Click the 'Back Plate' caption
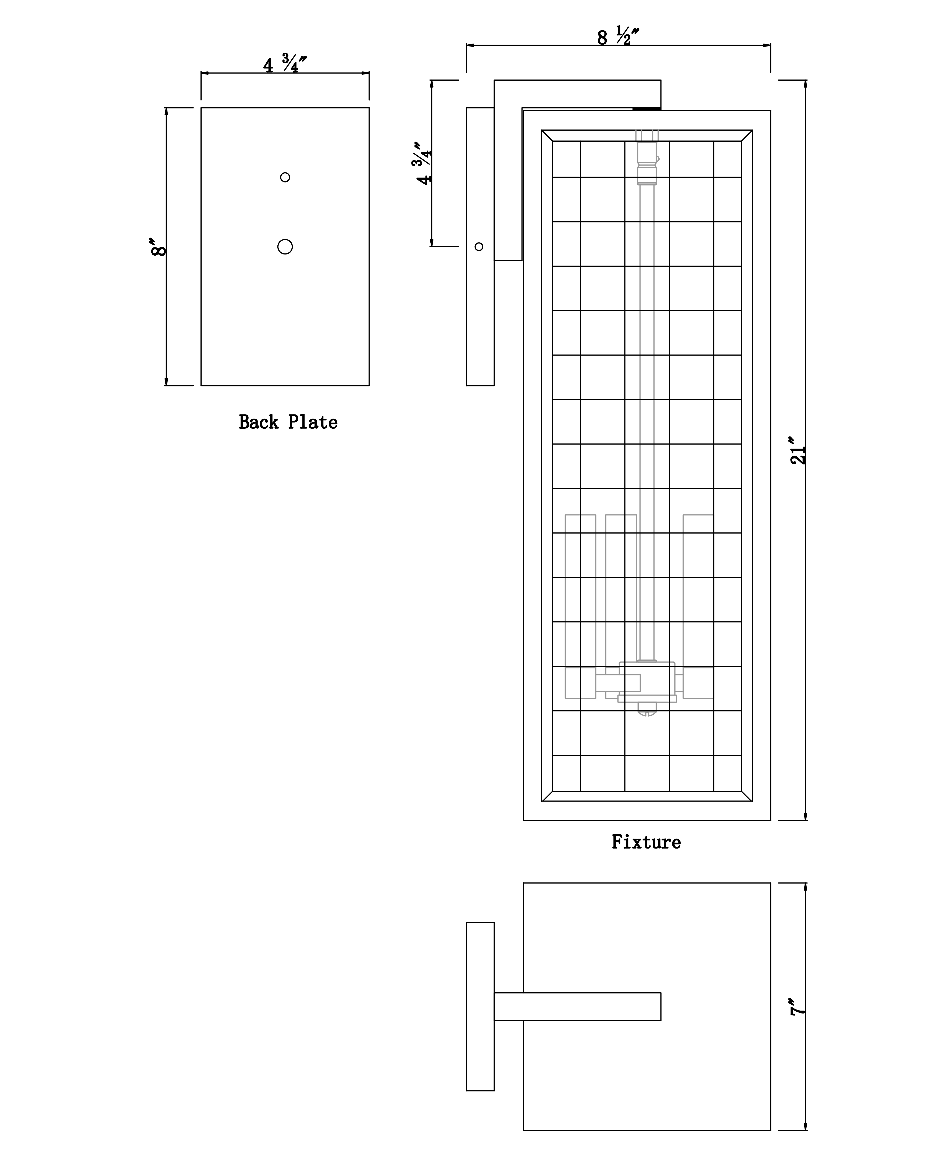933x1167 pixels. [x=288, y=422]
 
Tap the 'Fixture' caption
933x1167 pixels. [x=646, y=842]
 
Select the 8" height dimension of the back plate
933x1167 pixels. [x=159, y=246]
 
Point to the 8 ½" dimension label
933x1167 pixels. [x=618, y=36]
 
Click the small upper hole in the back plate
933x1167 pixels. [x=285, y=177]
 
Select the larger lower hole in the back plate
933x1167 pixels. [x=285, y=247]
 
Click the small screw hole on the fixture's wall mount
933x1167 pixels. [x=479, y=247]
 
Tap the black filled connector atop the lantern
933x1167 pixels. [x=647, y=109]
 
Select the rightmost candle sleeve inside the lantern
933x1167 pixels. [x=698, y=606]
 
